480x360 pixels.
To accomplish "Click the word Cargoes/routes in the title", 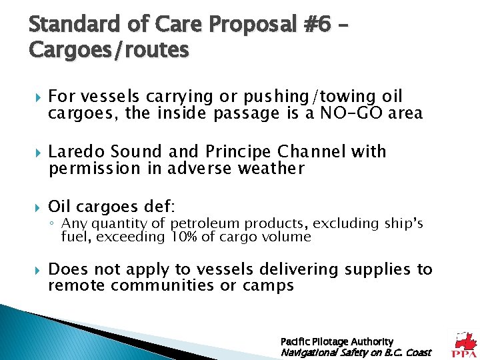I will (109, 49).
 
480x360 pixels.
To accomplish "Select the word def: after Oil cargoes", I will (159, 207).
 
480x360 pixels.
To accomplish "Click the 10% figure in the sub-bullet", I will (181, 237).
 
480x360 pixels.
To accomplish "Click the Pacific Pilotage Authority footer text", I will (337, 341).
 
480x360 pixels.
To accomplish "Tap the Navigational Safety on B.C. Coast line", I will (356, 352).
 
